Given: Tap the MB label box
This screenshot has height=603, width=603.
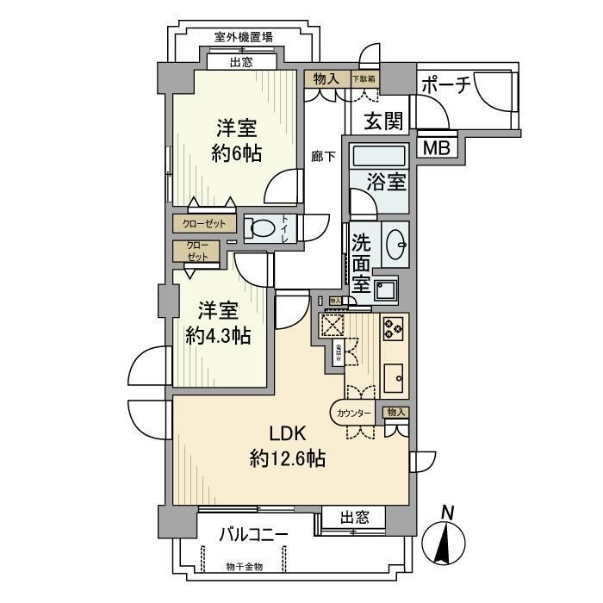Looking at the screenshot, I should pos(435,147).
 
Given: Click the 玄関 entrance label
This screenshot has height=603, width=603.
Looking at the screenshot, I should pos(382,120).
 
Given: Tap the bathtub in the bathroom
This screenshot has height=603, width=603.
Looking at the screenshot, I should pos(379,158).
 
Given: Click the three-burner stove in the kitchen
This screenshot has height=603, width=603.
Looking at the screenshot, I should pos(394,327).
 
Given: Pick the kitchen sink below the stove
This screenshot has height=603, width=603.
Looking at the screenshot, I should pos(394,376).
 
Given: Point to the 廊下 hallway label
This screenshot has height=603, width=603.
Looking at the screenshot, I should pos(324,157).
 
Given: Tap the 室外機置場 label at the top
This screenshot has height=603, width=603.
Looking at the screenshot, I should pos(244,37).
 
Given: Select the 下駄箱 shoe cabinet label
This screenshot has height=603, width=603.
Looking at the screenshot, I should pos(364,78).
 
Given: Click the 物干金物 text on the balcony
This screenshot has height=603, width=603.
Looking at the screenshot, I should pos(245,566).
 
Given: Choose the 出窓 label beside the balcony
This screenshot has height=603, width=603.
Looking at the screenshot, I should pos(354,518).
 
